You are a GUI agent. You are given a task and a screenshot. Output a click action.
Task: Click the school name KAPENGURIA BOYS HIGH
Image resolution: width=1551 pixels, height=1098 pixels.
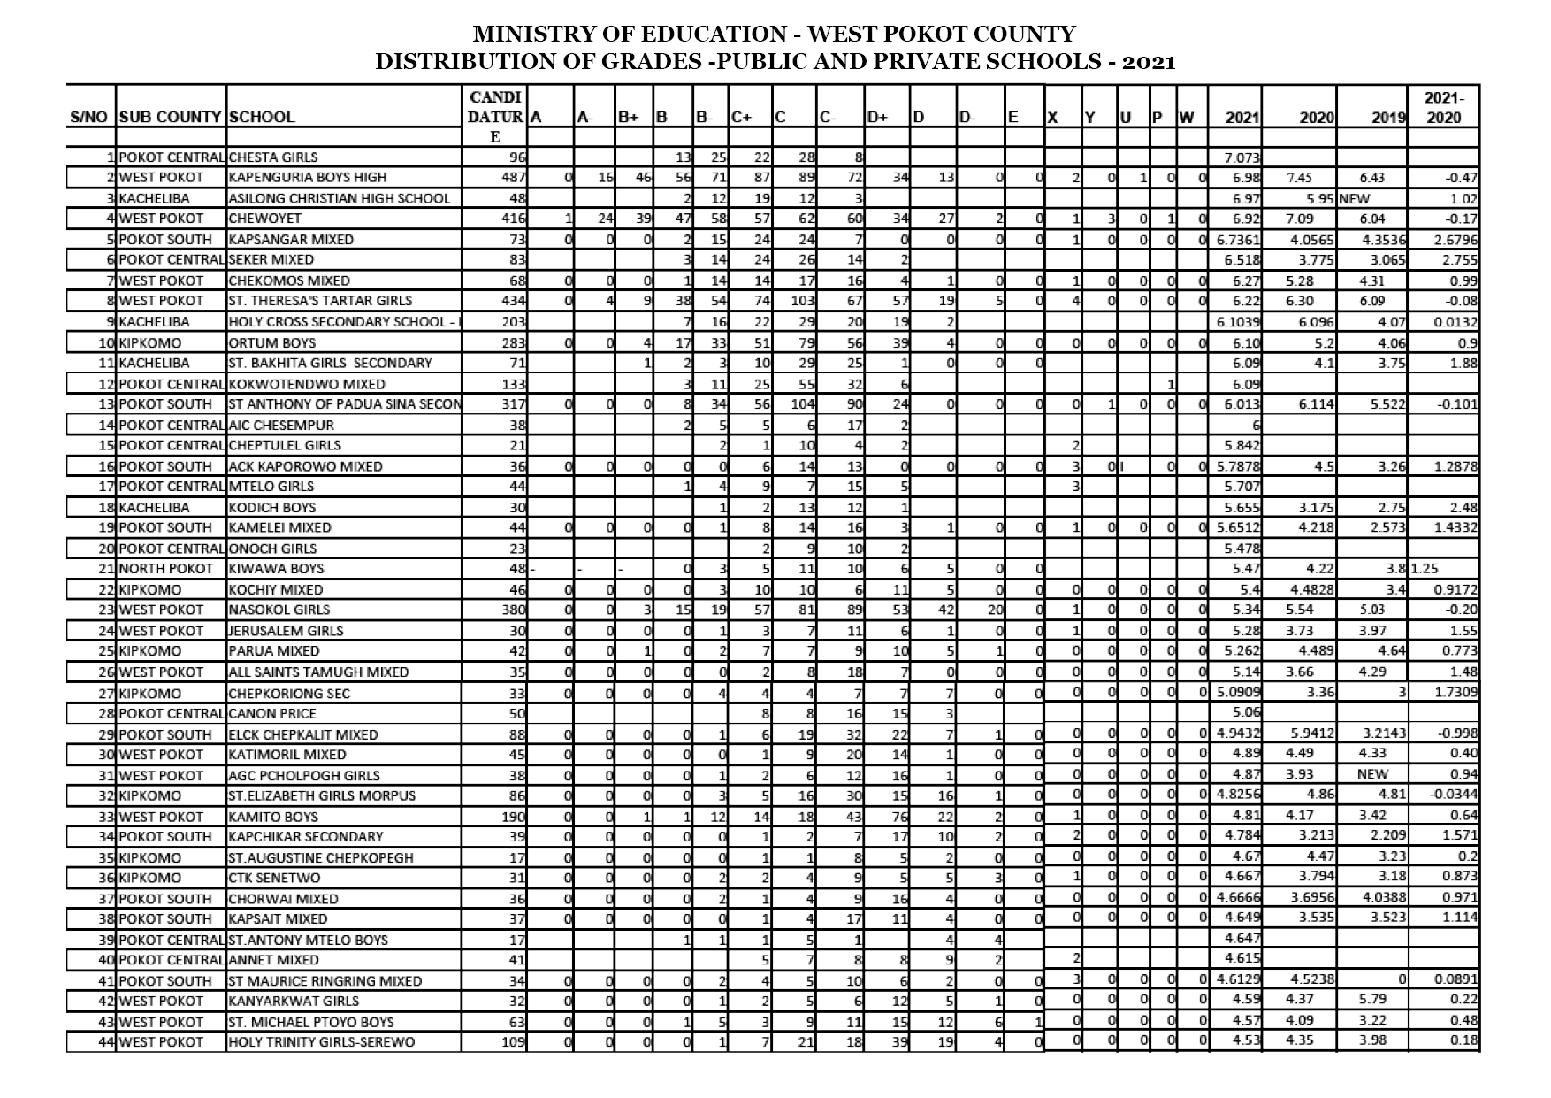tap(307, 178)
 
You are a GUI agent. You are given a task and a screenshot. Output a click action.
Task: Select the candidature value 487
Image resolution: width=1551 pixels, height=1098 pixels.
tap(514, 178)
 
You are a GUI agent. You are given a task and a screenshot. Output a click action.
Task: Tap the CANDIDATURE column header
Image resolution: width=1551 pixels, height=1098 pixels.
tap(494, 116)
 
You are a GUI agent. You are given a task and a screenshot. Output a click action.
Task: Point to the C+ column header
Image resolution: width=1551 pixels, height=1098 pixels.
tap(741, 117)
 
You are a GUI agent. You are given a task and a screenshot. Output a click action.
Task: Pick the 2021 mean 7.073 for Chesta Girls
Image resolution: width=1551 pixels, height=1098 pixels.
tap(1242, 157)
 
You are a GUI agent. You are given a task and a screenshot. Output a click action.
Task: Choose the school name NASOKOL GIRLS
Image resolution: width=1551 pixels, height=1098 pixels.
tap(279, 610)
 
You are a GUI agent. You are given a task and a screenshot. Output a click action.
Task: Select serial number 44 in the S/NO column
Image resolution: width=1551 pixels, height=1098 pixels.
tap(106, 1041)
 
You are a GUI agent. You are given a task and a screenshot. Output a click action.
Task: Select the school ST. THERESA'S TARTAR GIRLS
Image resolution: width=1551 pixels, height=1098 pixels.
tap(320, 301)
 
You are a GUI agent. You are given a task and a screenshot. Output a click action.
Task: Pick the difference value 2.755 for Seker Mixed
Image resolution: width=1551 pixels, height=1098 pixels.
tap(1459, 260)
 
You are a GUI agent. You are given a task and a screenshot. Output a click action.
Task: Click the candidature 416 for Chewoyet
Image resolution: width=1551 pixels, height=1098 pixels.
tap(514, 219)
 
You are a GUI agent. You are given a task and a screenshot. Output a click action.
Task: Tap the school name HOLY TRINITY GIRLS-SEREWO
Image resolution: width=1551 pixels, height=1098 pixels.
tap(321, 1041)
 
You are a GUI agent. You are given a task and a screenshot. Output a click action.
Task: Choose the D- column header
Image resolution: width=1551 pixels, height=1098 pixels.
tap(967, 117)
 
